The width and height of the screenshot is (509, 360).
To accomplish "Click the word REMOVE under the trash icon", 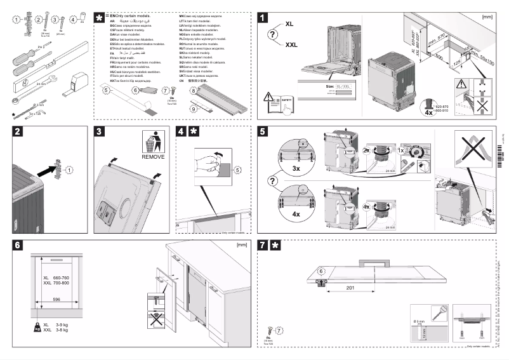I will coord(153,156).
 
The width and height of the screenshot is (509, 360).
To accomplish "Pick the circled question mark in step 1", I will coord(274,35).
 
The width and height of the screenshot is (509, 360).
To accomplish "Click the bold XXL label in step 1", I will coord(292,45).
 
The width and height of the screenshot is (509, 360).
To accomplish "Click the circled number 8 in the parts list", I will coord(193,92).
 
